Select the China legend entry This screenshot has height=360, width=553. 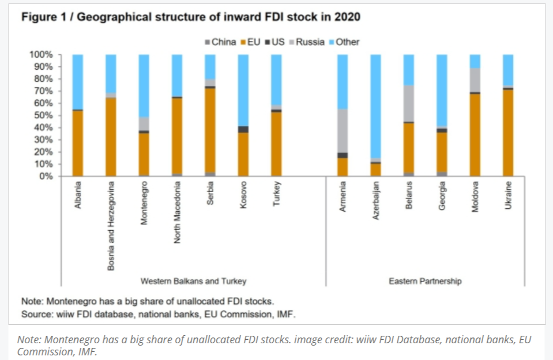tap(220, 42)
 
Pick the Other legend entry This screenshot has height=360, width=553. tap(345, 42)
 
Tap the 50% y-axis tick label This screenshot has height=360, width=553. tap(43, 115)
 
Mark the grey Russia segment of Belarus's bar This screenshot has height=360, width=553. tap(409, 103)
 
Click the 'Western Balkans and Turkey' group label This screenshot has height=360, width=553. tap(194, 281)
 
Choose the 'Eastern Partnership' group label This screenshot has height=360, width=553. tap(425, 281)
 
